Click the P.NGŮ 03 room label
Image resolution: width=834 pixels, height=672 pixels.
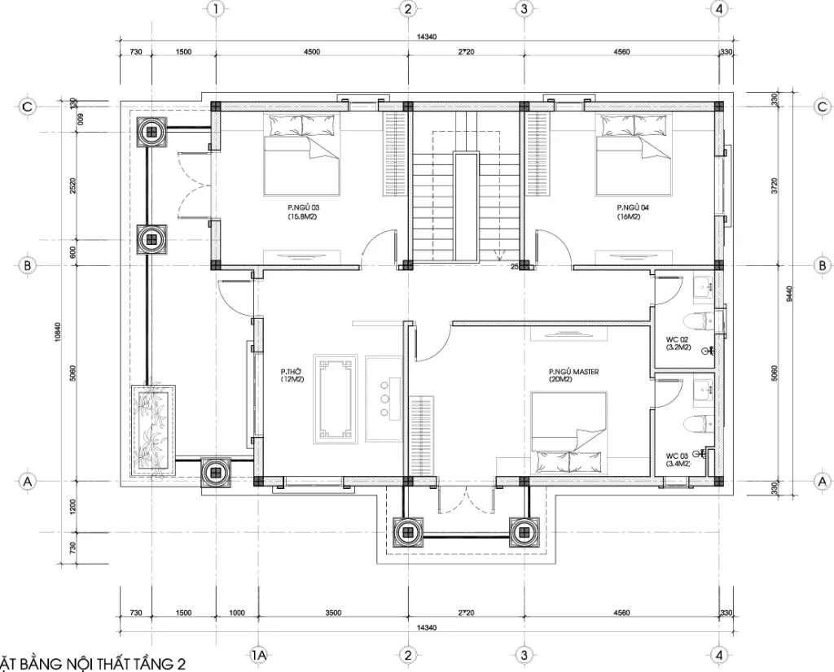(x=303, y=212)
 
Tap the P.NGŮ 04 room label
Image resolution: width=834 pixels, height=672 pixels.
(x=633, y=212)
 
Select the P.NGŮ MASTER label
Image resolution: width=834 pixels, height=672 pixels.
(x=573, y=376)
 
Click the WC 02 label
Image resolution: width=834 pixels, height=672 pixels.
(x=678, y=343)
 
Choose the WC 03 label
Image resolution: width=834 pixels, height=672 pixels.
(x=678, y=460)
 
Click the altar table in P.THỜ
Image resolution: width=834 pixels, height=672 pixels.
(x=334, y=399)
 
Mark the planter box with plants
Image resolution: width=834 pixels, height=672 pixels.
(x=153, y=430)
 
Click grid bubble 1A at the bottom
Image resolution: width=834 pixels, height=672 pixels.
(x=258, y=656)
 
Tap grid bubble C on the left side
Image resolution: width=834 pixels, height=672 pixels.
(x=28, y=107)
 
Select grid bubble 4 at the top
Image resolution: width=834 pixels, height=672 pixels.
(x=718, y=9)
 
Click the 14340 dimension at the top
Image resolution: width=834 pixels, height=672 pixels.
(x=426, y=36)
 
